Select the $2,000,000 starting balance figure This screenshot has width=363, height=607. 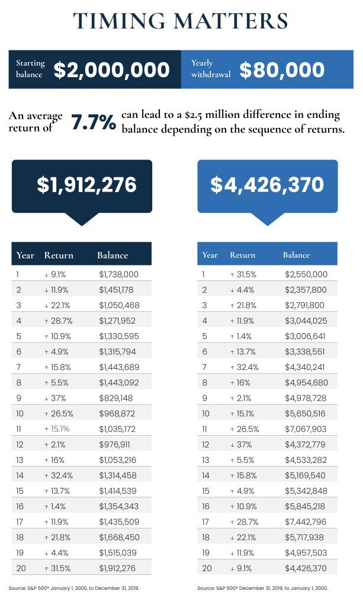(112, 71)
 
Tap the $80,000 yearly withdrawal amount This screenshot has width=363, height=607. (282, 71)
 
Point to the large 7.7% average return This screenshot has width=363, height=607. (94, 123)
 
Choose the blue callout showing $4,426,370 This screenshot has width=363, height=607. (267, 185)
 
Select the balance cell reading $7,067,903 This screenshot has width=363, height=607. (304, 429)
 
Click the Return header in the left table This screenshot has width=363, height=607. (59, 255)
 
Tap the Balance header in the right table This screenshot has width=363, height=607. (296, 255)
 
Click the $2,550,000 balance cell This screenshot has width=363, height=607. (304, 275)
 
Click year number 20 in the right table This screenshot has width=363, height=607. (206, 568)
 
